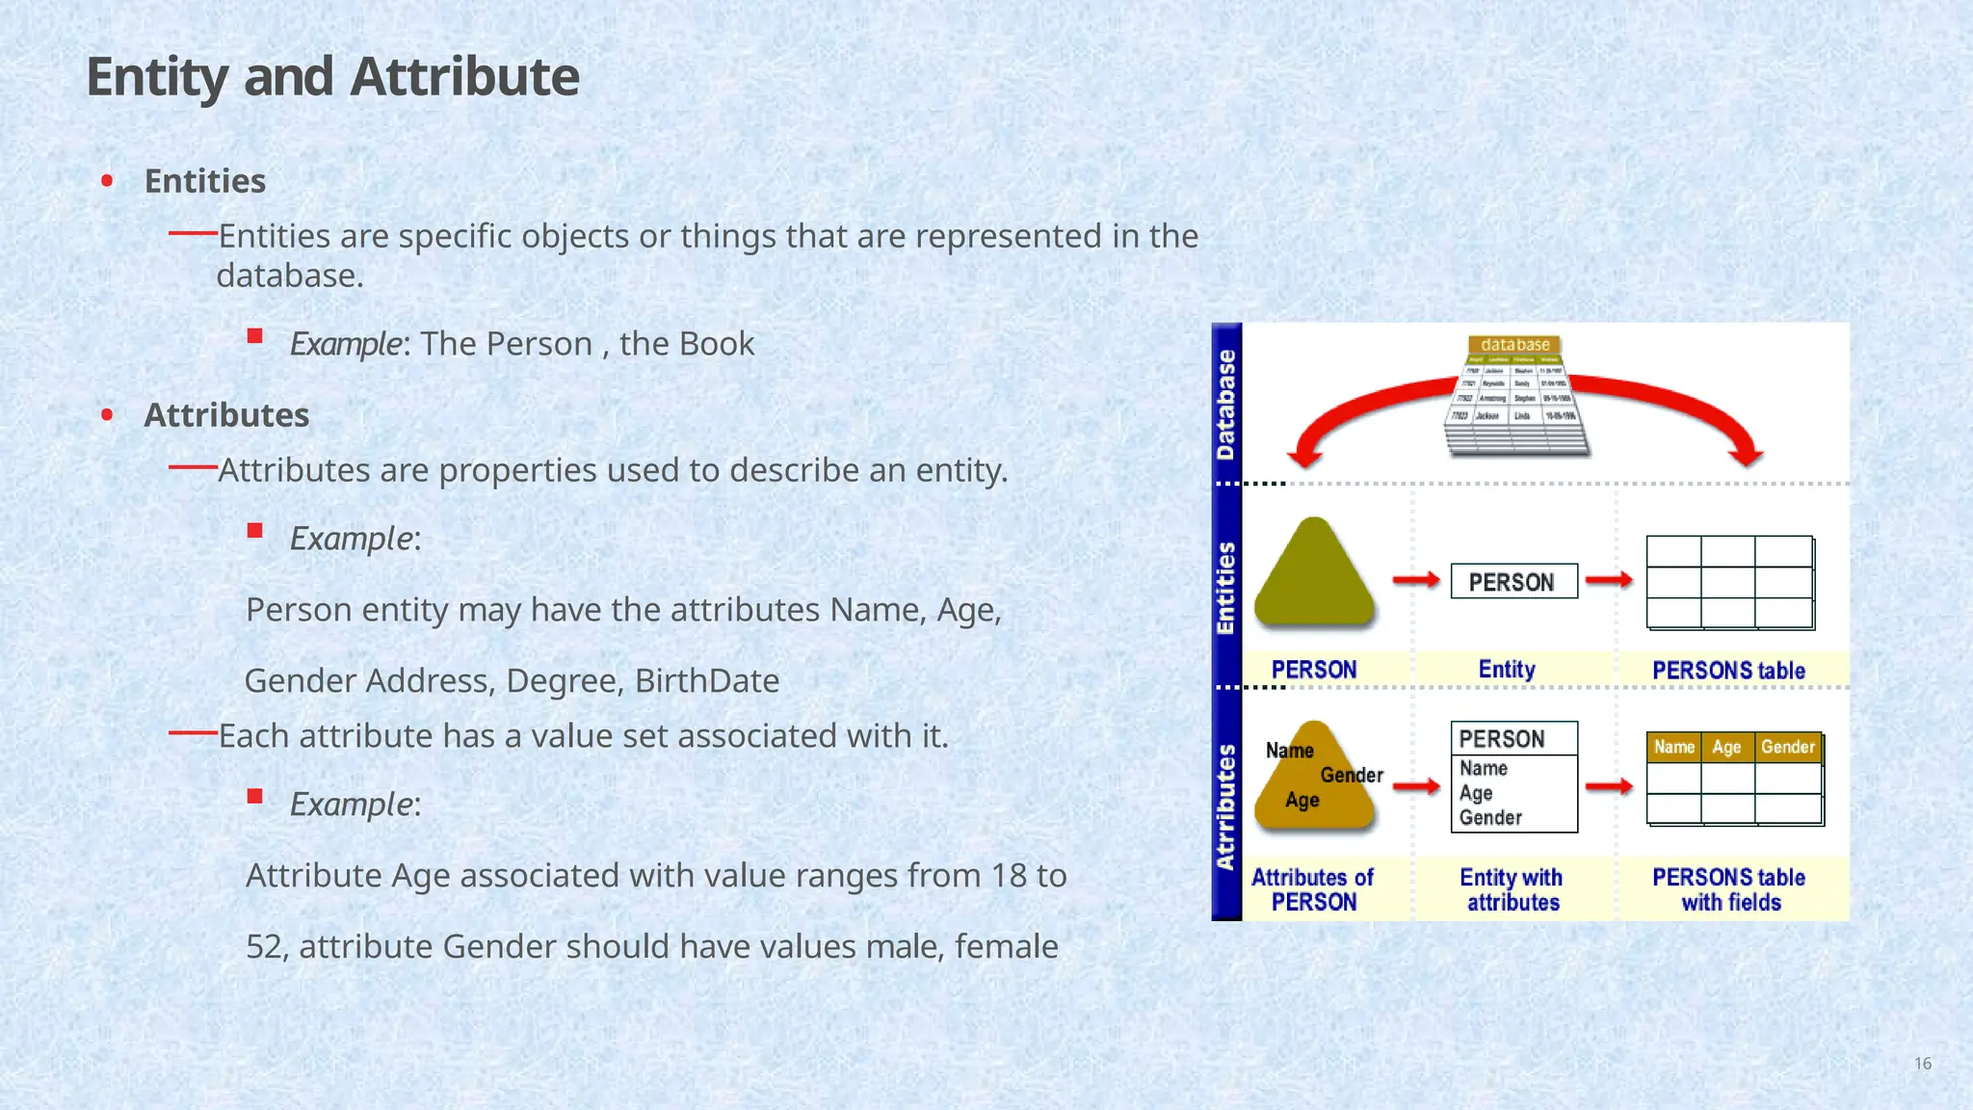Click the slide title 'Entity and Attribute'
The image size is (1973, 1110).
pos(332,77)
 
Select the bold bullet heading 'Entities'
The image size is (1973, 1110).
pos(204,181)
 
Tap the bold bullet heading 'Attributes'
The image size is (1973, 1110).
pos(226,415)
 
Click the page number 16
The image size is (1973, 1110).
pos(1922,1064)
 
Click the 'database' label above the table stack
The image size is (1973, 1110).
pos(1514,344)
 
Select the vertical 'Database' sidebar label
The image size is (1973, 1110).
pos(1225,405)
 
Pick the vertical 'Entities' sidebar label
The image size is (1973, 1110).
pos(1225,588)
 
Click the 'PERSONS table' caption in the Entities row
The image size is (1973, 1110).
pos(1728,671)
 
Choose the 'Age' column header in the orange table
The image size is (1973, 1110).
pos(1726,748)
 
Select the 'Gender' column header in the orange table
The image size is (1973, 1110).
pos(1787,748)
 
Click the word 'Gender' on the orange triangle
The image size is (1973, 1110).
pos(1351,776)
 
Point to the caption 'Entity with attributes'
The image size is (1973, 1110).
pos(1512,889)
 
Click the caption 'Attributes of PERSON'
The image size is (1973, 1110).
pos(1313,889)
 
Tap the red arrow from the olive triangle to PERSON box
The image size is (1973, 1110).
pos(1416,580)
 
